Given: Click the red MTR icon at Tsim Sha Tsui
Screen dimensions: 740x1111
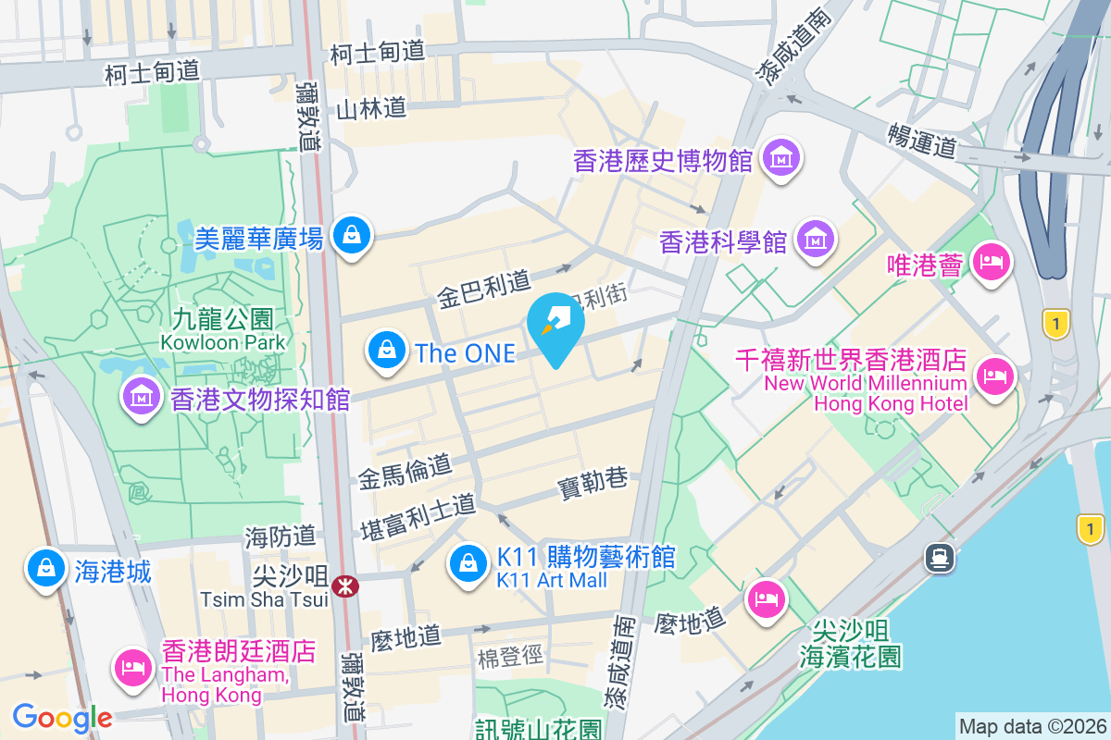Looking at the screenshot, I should click(x=345, y=586).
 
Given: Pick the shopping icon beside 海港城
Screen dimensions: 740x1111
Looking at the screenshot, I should click(x=44, y=569).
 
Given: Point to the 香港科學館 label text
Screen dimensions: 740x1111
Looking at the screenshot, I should click(x=723, y=242).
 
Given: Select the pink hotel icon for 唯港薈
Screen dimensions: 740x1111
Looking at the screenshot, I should click(x=992, y=262).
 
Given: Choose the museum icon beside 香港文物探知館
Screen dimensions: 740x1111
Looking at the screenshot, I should click(x=142, y=398).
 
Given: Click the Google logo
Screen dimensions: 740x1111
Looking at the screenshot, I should click(x=62, y=717).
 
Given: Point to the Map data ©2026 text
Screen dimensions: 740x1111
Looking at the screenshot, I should click(x=1031, y=726).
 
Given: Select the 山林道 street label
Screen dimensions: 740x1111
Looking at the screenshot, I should click(x=371, y=109).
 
